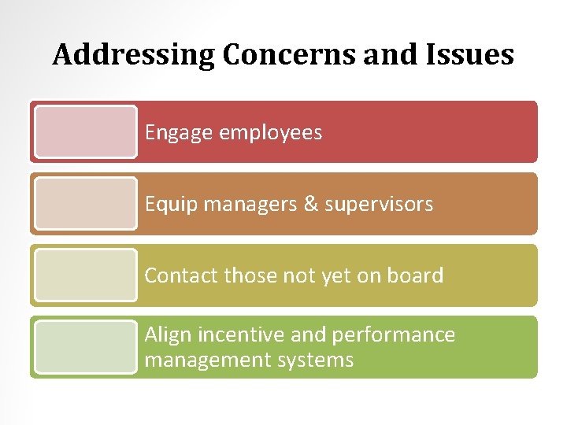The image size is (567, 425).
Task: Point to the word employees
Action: coord(270,133)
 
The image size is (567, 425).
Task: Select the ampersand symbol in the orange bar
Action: coord(311,205)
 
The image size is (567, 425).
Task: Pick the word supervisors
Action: coord(379,205)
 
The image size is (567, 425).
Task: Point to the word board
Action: coord(415,275)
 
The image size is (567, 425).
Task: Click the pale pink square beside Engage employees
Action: coord(86,132)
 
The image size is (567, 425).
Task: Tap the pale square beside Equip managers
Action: coord(86,204)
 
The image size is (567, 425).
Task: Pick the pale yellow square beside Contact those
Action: coord(86,275)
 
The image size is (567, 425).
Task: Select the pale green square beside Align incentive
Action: coord(86,347)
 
